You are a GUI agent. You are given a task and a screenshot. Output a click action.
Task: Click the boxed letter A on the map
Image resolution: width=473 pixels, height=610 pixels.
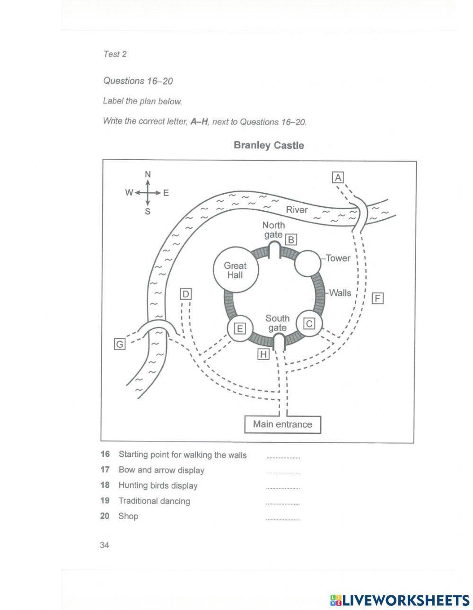(x=338, y=177)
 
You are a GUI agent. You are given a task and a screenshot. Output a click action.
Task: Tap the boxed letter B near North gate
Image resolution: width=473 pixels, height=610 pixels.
(x=291, y=240)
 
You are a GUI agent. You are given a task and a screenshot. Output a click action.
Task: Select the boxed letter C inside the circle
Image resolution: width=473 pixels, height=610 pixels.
(x=309, y=324)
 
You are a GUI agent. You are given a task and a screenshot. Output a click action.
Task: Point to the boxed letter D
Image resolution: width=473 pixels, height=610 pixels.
(x=186, y=294)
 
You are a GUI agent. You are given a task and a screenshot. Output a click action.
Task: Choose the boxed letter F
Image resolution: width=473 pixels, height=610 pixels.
(x=377, y=299)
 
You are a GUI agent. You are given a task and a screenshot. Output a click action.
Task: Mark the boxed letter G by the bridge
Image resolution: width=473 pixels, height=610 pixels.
(x=120, y=344)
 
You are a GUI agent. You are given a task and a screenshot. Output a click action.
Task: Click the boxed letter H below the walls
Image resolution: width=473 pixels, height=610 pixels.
(x=263, y=354)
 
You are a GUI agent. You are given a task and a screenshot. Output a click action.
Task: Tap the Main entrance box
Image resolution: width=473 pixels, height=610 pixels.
(x=282, y=424)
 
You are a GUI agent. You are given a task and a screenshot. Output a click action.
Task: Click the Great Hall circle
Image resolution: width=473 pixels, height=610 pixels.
(x=235, y=270)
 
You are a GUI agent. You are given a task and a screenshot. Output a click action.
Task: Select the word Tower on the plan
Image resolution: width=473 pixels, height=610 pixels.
(x=338, y=258)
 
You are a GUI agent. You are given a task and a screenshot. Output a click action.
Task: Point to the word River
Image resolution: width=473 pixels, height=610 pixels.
(x=297, y=210)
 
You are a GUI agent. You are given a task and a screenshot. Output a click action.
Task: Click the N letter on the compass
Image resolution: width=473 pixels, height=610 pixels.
(x=148, y=175)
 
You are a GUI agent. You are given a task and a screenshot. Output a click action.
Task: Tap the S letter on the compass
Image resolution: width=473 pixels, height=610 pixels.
(x=148, y=211)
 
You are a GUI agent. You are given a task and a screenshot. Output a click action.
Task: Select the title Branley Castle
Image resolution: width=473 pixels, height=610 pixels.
(x=269, y=145)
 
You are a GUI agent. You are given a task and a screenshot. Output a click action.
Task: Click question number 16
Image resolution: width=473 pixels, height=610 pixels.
(x=105, y=454)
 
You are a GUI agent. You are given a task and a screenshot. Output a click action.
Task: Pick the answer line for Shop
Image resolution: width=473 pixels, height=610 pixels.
(x=282, y=519)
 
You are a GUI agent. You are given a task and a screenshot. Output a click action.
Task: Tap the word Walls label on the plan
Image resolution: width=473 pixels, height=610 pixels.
(x=341, y=293)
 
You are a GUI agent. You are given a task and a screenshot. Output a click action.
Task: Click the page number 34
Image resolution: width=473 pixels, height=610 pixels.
(x=105, y=545)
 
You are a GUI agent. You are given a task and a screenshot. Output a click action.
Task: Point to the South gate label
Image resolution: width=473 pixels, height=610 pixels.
(x=277, y=323)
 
